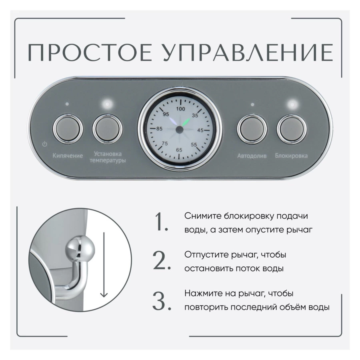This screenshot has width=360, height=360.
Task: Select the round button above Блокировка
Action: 292,129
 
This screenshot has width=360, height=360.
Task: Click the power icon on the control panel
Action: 44,144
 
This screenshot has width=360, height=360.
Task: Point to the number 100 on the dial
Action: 180,108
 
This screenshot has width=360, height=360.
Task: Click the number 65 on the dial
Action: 179,150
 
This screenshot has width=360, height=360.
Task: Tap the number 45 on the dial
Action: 200,130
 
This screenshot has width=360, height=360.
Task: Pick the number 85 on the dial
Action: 159,128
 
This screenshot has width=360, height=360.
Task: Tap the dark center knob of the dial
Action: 180,130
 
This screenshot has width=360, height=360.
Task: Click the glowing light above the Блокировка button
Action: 292,105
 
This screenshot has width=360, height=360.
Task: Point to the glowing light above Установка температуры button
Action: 107,104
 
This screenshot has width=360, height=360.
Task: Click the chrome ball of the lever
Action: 80,248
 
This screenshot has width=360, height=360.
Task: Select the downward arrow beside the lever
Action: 104,264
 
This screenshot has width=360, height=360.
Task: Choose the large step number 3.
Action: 162,301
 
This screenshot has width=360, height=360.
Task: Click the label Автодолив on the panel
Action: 252,156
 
